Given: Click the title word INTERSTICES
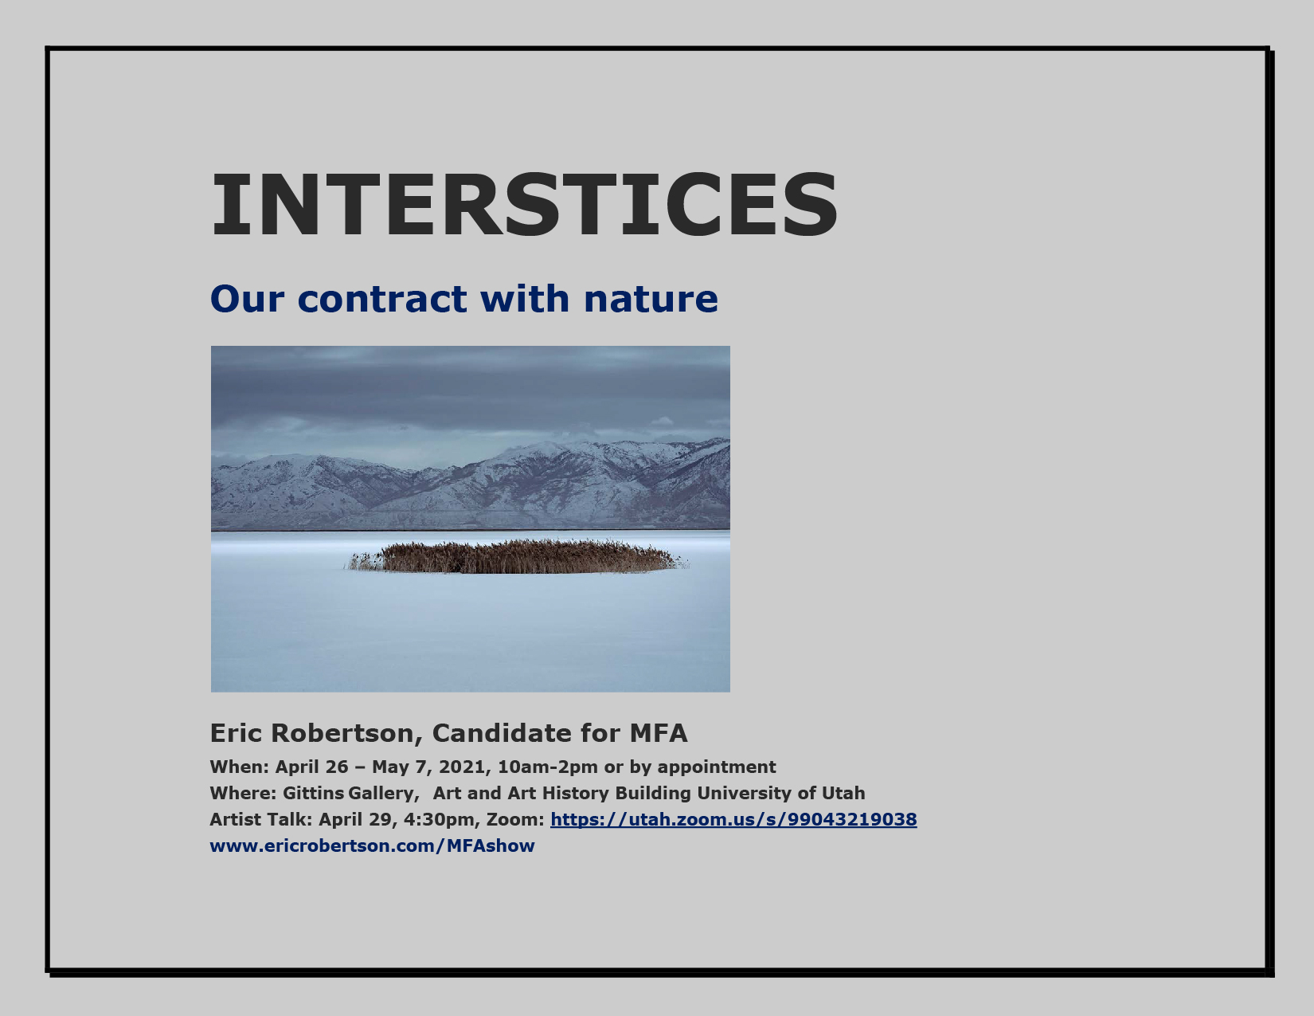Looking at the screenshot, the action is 524,205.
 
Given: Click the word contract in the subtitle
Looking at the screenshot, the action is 382,299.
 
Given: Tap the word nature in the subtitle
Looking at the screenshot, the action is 651,300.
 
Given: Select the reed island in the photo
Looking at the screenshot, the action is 517,557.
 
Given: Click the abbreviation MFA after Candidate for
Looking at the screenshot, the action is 659,733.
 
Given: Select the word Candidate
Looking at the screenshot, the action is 501,733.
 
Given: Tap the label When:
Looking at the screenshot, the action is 239,767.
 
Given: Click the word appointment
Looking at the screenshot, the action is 717,767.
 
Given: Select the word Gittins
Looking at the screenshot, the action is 313,793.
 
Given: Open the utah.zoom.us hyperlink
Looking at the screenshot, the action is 733,819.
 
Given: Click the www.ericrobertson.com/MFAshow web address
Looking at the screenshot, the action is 372,845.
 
